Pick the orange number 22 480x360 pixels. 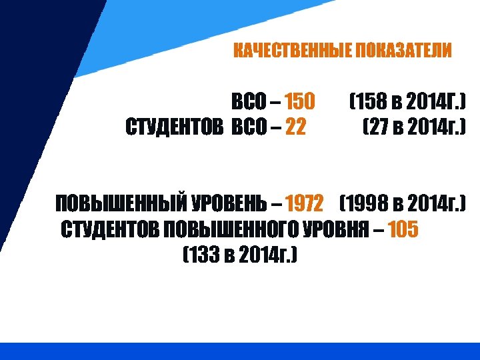tap(295, 126)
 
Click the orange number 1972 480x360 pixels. tap(304, 202)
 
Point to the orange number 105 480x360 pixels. tap(403, 230)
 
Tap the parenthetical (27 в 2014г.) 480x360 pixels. tap(413, 126)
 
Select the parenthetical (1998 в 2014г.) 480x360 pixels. tap(403, 202)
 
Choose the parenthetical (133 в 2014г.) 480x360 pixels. tap(239, 255)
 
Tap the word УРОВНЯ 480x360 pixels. tap(335, 230)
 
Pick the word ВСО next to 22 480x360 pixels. tap(248, 126)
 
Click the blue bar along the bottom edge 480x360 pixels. tap(240, 351)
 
